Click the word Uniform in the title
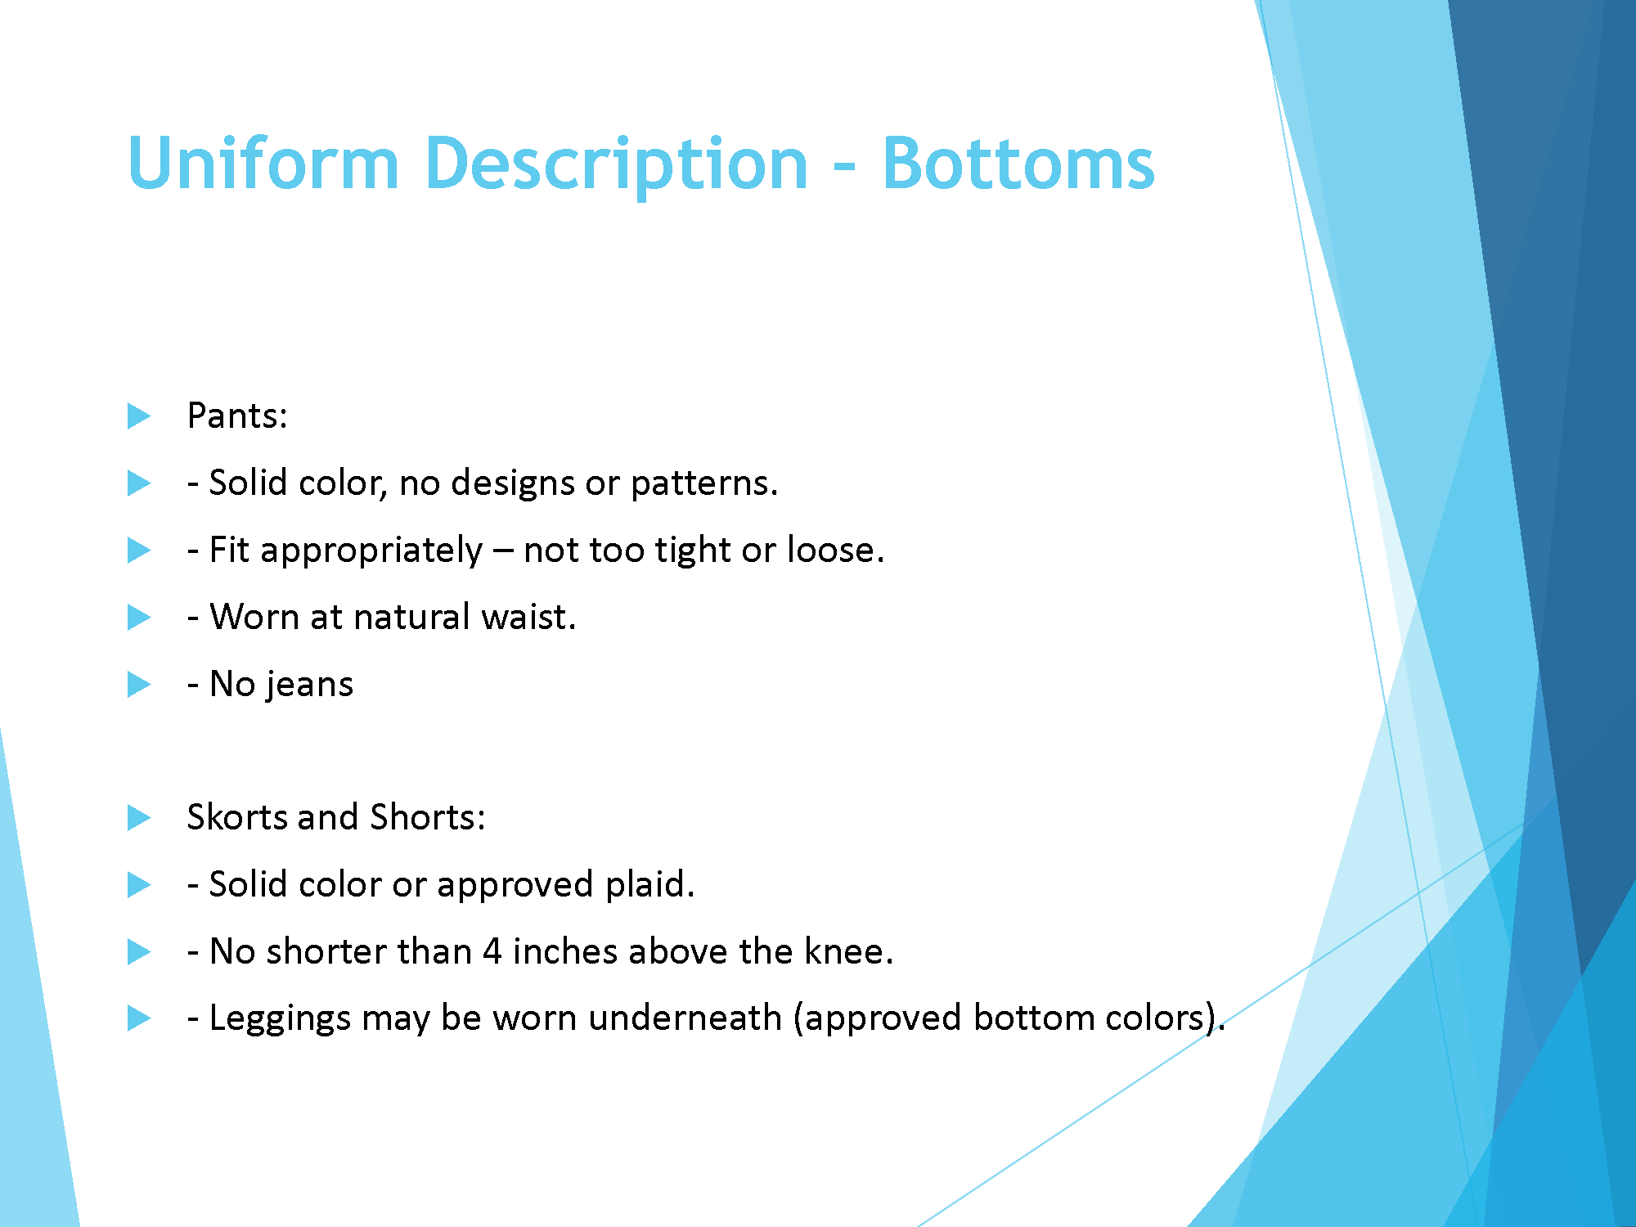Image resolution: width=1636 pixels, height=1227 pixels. pyautogui.click(x=263, y=164)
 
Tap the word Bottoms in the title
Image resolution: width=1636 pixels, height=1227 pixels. pyautogui.click(x=1018, y=164)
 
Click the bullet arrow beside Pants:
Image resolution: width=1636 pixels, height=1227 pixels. pyautogui.click(x=139, y=416)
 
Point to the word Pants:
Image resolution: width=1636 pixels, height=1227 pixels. pyautogui.click(x=237, y=416)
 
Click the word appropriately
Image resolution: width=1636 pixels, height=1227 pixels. pyautogui.click(x=371, y=551)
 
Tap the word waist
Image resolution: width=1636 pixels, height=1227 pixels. pyautogui.click(x=528, y=618)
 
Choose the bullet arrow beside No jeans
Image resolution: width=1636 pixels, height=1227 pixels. pyautogui.click(x=139, y=685)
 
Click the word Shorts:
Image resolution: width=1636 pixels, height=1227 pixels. pyautogui.click(x=428, y=817)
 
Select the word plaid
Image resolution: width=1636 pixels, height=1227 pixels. pyautogui.click(x=649, y=884)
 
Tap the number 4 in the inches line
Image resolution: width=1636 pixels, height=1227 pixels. pyautogui.click(x=492, y=951)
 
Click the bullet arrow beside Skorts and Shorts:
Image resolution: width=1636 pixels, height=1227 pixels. pyautogui.click(x=139, y=818)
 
